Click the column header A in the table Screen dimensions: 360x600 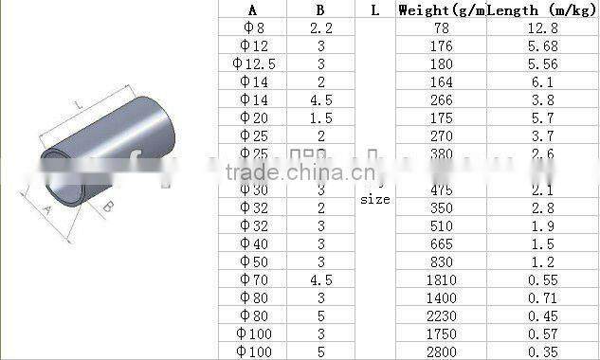[252, 10]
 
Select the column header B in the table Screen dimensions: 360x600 [320, 10]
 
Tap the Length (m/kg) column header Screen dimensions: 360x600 [542, 10]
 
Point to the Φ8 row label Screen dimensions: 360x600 [252, 28]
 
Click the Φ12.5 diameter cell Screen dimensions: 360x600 [252, 63]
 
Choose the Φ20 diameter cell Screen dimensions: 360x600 [252, 117]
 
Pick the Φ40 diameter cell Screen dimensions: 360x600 [252, 243]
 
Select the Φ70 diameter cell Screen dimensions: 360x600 [252, 279]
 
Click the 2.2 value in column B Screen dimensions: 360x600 [320, 28]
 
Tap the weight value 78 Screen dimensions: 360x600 [442, 28]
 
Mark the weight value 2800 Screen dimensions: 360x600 [442, 351]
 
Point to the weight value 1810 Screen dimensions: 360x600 [442, 279]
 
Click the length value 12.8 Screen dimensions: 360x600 [542, 28]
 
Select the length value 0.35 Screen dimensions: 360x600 [542, 351]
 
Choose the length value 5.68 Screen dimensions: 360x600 [542, 45]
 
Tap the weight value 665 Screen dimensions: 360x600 [442, 243]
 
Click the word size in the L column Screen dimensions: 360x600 [374, 200]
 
